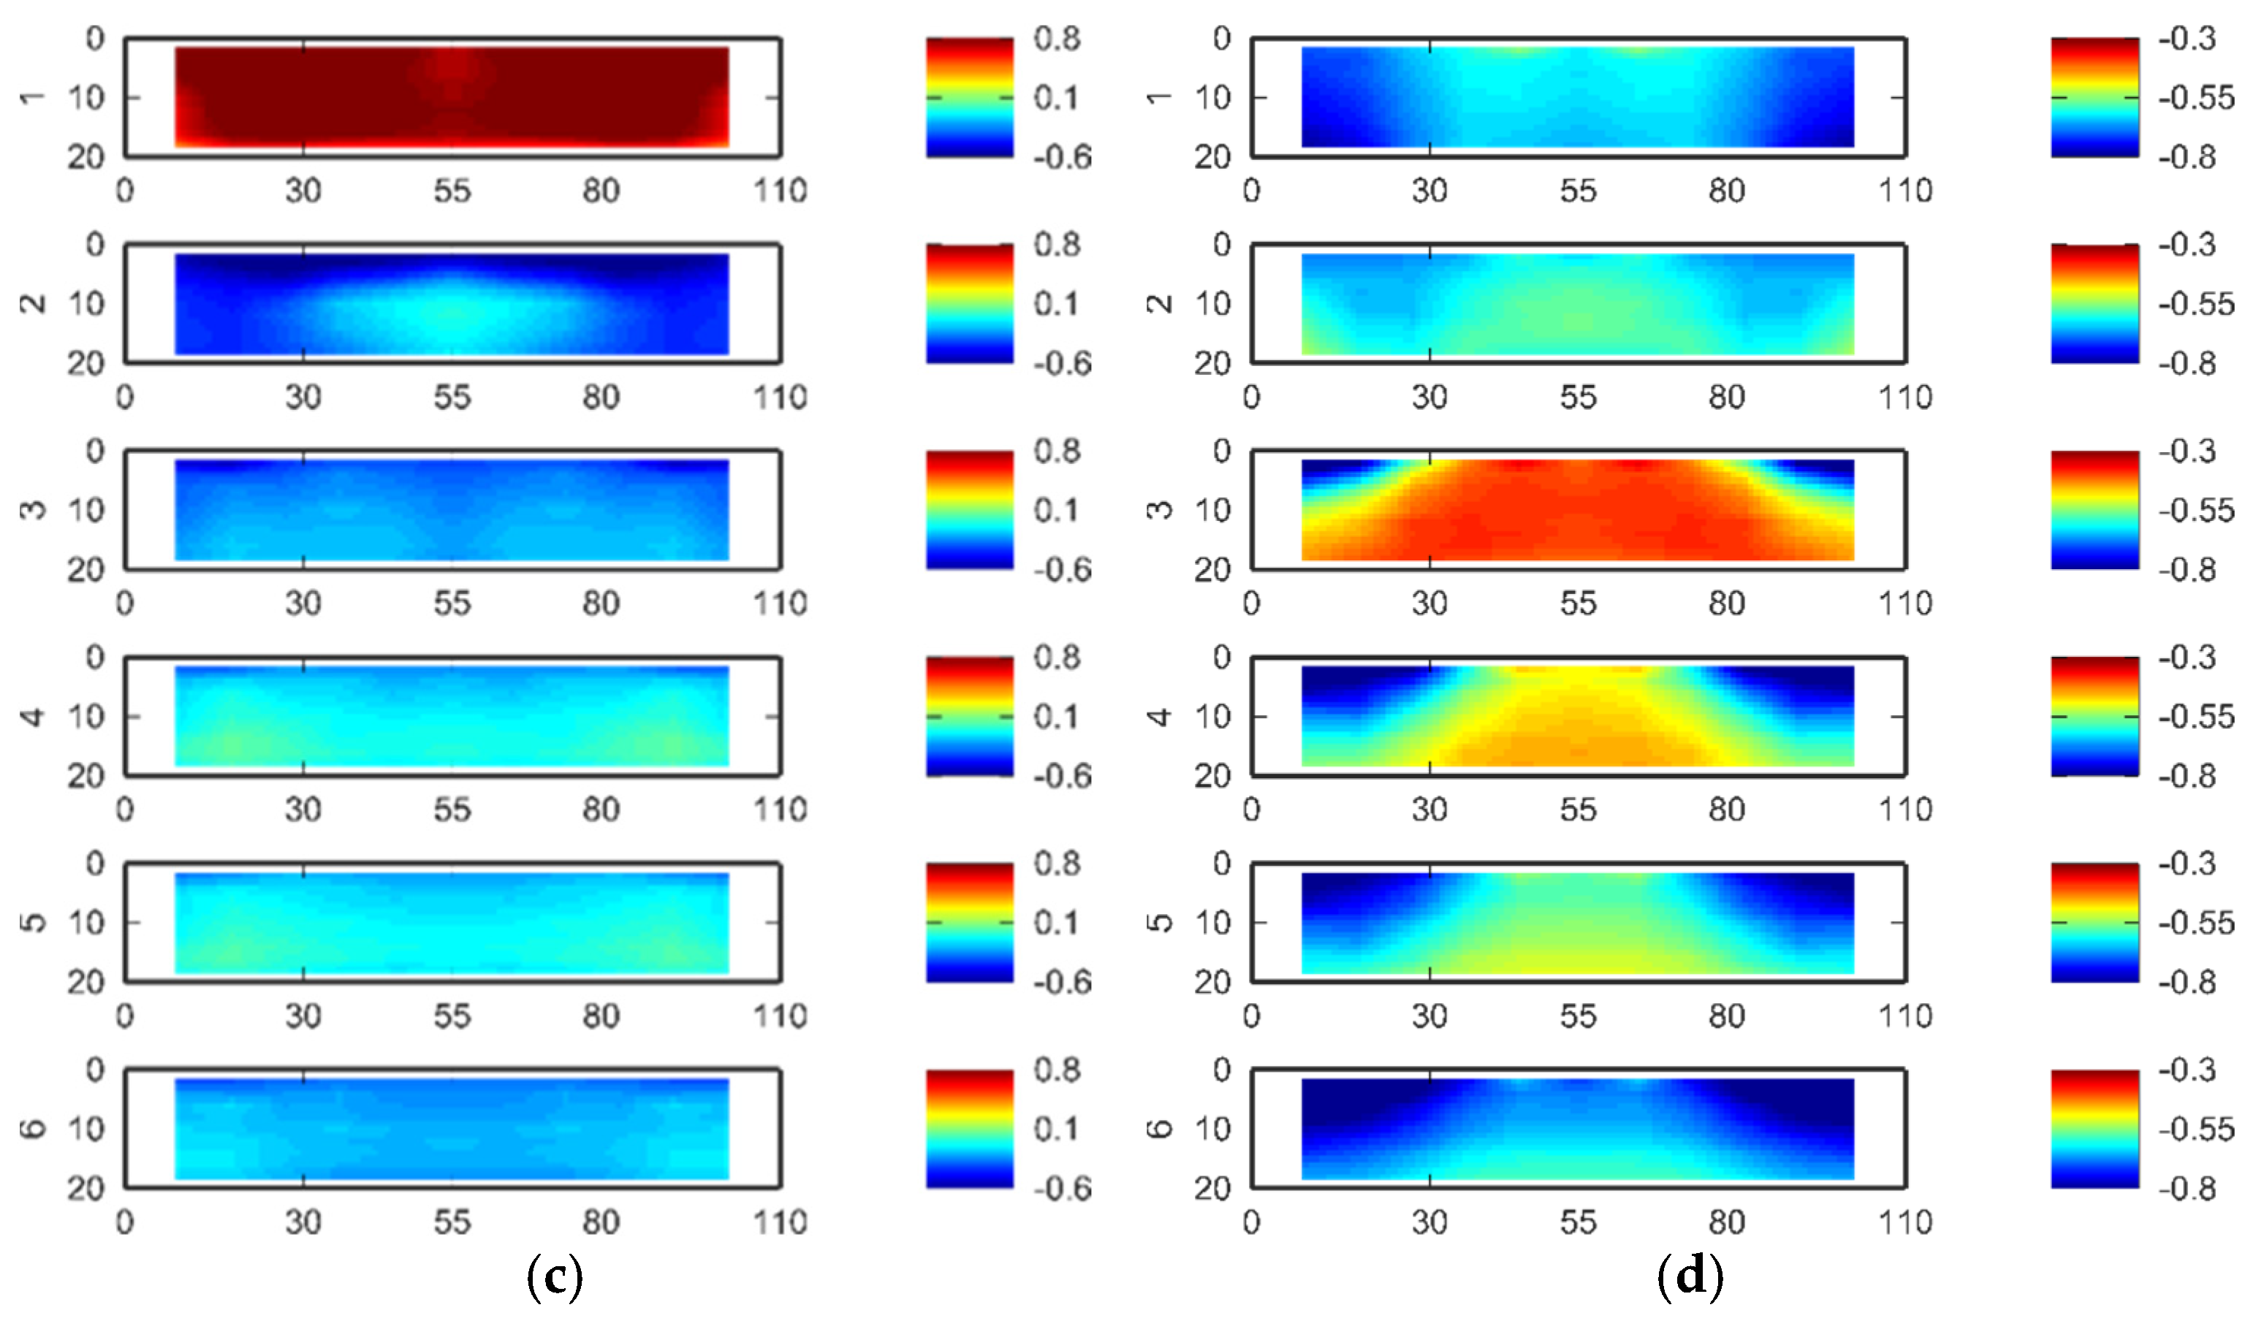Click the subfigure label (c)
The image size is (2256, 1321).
(x=555, y=1277)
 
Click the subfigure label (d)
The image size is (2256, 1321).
(x=1690, y=1277)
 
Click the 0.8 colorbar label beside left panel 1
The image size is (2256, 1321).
(x=1057, y=39)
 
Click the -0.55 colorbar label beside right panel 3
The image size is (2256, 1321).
(x=2195, y=510)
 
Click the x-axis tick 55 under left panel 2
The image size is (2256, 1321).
(x=452, y=397)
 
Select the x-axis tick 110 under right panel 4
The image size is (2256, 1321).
(x=1905, y=809)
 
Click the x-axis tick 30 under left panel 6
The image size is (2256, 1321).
(x=303, y=1222)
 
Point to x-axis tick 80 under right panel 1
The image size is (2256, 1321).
(x=1726, y=191)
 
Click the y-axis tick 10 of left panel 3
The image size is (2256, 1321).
(x=87, y=510)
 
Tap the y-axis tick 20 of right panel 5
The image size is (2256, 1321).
(x=1213, y=982)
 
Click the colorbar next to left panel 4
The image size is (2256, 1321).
(x=970, y=716)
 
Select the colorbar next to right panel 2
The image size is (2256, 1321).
(x=2094, y=303)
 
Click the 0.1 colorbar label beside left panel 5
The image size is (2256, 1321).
(x=1057, y=923)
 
